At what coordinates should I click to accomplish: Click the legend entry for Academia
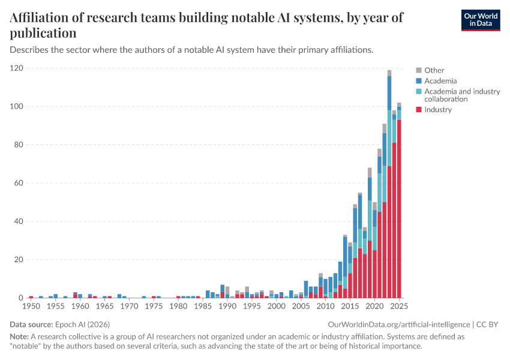440,80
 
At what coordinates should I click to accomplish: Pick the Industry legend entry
438,109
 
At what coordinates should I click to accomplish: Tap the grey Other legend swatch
419,70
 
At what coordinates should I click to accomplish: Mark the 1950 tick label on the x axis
31,306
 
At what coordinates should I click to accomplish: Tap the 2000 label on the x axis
276,306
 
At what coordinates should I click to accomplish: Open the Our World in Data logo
481,19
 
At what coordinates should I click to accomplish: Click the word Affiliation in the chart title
42,18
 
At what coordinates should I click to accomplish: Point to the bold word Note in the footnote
19,337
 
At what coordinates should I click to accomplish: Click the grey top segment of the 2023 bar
389,73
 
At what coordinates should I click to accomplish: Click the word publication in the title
43,33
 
